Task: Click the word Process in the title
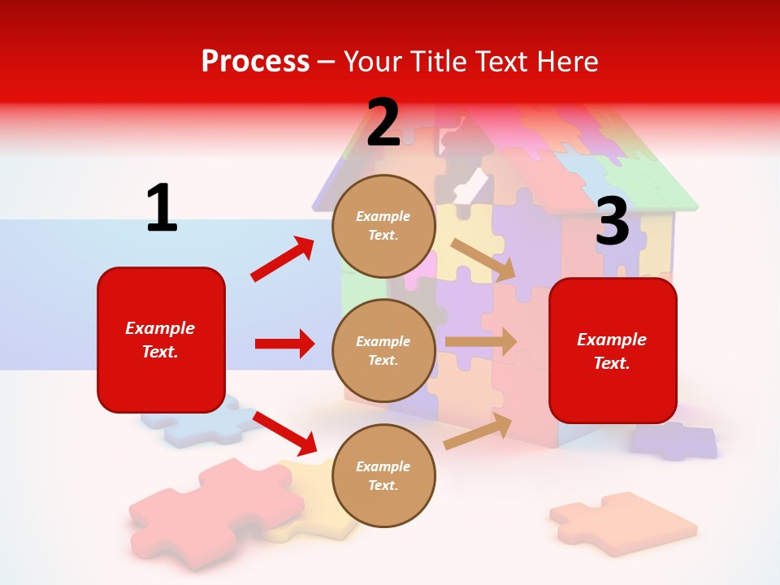(255, 61)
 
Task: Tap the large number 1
(162, 208)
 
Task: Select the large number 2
(383, 123)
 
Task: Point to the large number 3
(612, 222)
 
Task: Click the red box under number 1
(161, 340)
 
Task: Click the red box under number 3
(613, 350)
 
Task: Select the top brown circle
(383, 226)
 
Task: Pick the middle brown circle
(383, 350)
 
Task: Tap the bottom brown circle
(383, 475)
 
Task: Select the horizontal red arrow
(284, 344)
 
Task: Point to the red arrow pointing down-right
(284, 433)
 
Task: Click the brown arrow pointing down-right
(484, 259)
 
